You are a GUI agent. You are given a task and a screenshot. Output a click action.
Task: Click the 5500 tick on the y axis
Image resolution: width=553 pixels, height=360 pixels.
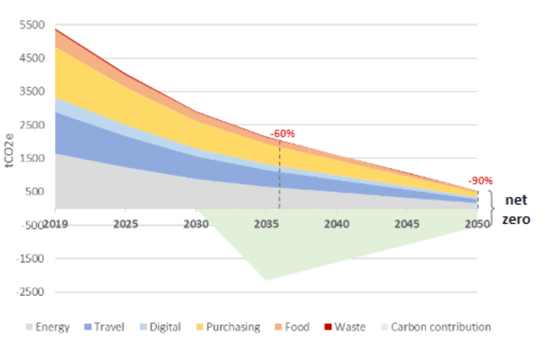click(30, 25)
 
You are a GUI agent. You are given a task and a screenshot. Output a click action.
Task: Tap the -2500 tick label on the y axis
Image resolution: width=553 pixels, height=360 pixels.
click(28, 292)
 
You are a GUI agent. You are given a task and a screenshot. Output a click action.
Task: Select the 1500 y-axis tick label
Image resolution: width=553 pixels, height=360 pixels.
click(30, 158)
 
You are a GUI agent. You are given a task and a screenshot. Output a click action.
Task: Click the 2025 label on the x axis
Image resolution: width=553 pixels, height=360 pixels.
click(126, 223)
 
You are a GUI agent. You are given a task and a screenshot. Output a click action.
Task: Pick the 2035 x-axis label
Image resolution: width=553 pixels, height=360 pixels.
click(266, 223)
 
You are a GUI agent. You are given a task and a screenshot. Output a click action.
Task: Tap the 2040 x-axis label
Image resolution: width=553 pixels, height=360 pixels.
click(337, 223)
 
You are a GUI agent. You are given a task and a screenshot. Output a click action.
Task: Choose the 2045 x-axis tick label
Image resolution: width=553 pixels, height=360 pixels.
click(407, 223)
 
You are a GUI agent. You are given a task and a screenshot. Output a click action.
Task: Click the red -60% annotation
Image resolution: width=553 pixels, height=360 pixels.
click(282, 133)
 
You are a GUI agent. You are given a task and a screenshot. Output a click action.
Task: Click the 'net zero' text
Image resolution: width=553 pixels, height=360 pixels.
click(517, 209)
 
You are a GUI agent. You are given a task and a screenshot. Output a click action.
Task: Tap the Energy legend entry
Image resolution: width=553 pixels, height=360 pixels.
click(47, 327)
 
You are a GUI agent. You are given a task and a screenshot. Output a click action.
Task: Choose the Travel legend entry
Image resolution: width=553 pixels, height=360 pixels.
click(105, 327)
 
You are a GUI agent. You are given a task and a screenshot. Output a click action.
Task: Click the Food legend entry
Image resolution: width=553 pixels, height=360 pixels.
click(291, 327)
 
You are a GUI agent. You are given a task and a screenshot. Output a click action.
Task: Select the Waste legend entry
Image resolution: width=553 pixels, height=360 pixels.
click(344, 327)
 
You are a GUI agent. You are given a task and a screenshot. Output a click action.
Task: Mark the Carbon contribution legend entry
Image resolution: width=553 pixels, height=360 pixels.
click(435, 327)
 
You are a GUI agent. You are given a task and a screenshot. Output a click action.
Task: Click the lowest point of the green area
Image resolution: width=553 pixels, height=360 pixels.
click(266, 279)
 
